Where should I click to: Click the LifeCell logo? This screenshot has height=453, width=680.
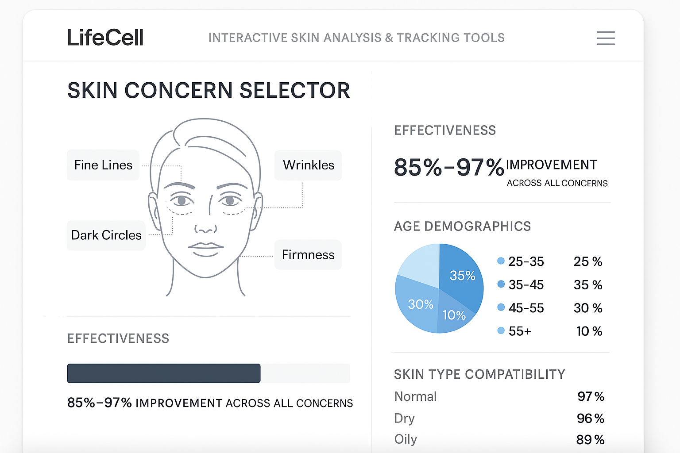105,37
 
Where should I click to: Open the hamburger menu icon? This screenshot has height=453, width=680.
606,38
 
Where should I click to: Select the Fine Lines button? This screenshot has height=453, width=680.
103,165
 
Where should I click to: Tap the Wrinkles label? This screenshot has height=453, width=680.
308,165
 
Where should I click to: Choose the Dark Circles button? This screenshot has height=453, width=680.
106,235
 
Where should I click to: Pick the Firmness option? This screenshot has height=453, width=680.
308,254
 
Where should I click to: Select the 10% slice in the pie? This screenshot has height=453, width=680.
454,315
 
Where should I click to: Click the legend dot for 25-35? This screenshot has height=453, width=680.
501,261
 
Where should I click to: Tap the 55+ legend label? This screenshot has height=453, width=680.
520,331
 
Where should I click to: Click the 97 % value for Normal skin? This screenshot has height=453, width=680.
591,396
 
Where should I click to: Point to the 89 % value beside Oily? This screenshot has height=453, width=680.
590,440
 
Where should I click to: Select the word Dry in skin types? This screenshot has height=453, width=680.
404,418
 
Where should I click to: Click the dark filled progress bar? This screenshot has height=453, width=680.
164,373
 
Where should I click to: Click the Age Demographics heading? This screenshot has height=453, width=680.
462,226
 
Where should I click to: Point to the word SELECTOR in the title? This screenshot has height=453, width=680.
294,90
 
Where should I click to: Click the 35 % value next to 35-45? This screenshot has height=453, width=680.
588,284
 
